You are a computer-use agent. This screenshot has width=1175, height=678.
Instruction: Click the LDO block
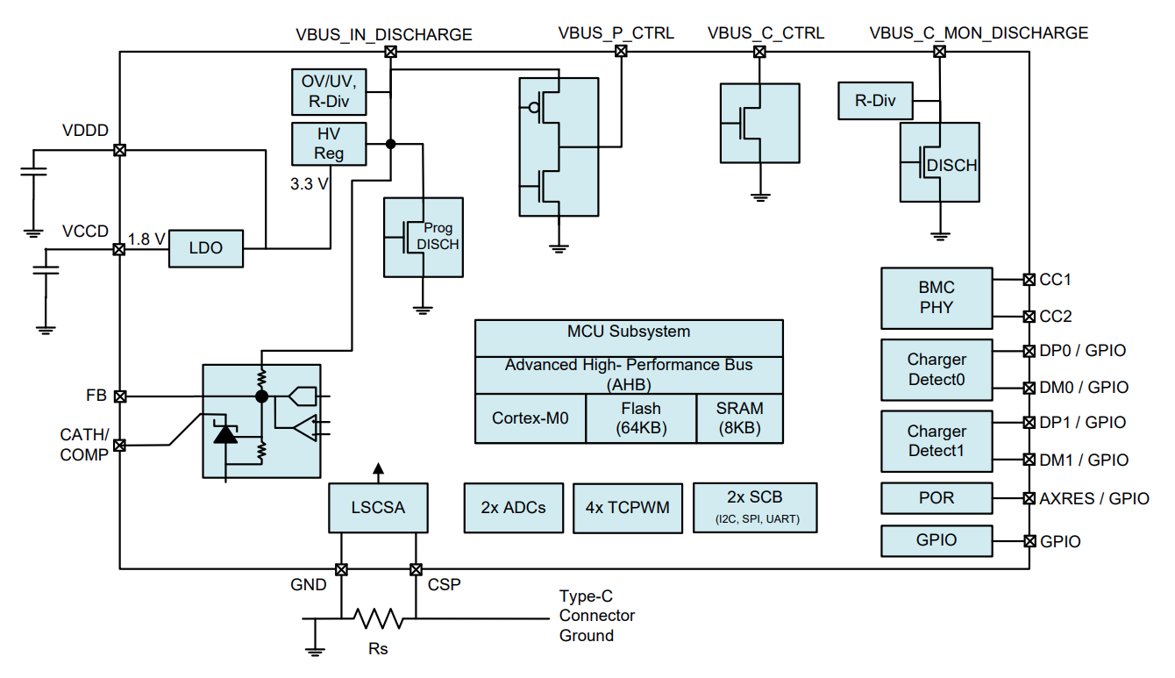206,248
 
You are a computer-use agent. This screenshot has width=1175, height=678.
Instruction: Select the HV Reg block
329,143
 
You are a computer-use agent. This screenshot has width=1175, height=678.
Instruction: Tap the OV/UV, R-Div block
329,90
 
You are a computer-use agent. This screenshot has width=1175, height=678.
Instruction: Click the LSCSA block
378,507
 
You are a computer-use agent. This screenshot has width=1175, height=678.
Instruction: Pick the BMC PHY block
936,297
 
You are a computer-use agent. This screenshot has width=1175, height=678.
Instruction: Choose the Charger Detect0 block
936,369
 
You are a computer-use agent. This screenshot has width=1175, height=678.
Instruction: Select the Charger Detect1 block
936,441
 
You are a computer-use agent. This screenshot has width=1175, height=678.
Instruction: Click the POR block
936,497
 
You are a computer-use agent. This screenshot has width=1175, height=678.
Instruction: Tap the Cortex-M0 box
530,418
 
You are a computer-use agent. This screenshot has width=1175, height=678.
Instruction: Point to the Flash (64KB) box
640,418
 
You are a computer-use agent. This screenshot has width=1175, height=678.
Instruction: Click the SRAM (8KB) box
739,418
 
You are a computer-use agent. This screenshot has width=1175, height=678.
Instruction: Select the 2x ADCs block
513,507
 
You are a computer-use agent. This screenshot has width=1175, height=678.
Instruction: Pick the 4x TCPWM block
627,507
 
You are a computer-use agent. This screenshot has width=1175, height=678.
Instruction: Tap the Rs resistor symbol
379,619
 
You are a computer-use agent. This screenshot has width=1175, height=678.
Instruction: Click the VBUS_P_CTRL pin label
616,33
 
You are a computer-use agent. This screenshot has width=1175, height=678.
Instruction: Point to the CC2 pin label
1055,316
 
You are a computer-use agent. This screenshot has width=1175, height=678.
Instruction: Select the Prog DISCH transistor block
423,237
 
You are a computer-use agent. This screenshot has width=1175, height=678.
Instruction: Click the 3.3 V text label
310,184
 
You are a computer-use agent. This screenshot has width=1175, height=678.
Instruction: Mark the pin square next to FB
120,396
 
